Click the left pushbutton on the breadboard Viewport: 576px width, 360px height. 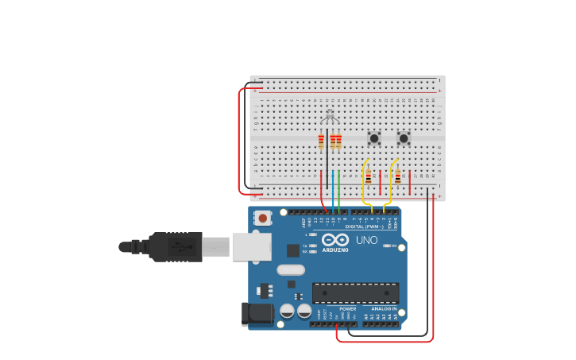pyautogui.click(x=373, y=138)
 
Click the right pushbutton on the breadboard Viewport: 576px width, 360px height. pyautogui.click(x=404, y=138)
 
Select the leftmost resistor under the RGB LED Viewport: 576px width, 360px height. pyautogui.click(x=321, y=142)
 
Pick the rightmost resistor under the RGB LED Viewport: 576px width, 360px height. pyautogui.click(x=339, y=142)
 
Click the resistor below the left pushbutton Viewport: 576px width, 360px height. pyautogui.click(x=369, y=177)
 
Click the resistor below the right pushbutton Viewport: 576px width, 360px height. pyautogui.click(x=398, y=177)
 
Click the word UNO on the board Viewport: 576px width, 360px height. pyautogui.click(x=366, y=240)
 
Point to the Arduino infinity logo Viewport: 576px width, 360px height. pyautogui.click(x=335, y=239)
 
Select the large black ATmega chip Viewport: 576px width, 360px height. pyautogui.click(x=355, y=292)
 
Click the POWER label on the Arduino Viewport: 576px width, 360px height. pyautogui.click(x=348, y=308)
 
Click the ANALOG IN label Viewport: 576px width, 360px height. pyautogui.click(x=384, y=308)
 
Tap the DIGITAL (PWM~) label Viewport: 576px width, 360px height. pyautogui.click(x=365, y=226)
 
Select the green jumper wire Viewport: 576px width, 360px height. pyautogui.click(x=339, y=191)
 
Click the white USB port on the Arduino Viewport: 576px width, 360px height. pyautogui.click(x=251, y=246)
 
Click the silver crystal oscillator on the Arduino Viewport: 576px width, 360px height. pyautogui.click(x=291, y=269)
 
